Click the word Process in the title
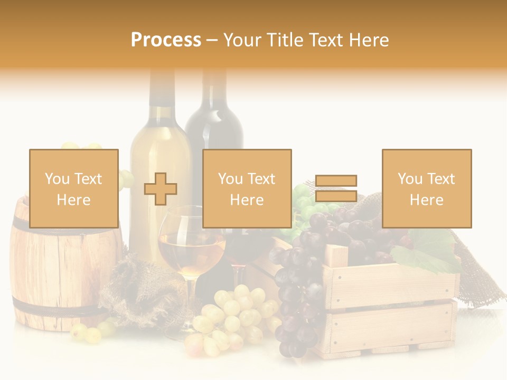[x=166, y=40]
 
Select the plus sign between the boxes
[x=161, y=189]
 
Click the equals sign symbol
[x=336, y=188]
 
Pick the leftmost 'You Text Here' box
[x=74, y=188]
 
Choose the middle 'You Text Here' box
[x=247, y=188]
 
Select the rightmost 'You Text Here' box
[x=427, y=188]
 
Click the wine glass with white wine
[x=191, y=248]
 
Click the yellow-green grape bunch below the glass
[x=232, y=317]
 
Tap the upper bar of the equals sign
[x=336, y=181]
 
